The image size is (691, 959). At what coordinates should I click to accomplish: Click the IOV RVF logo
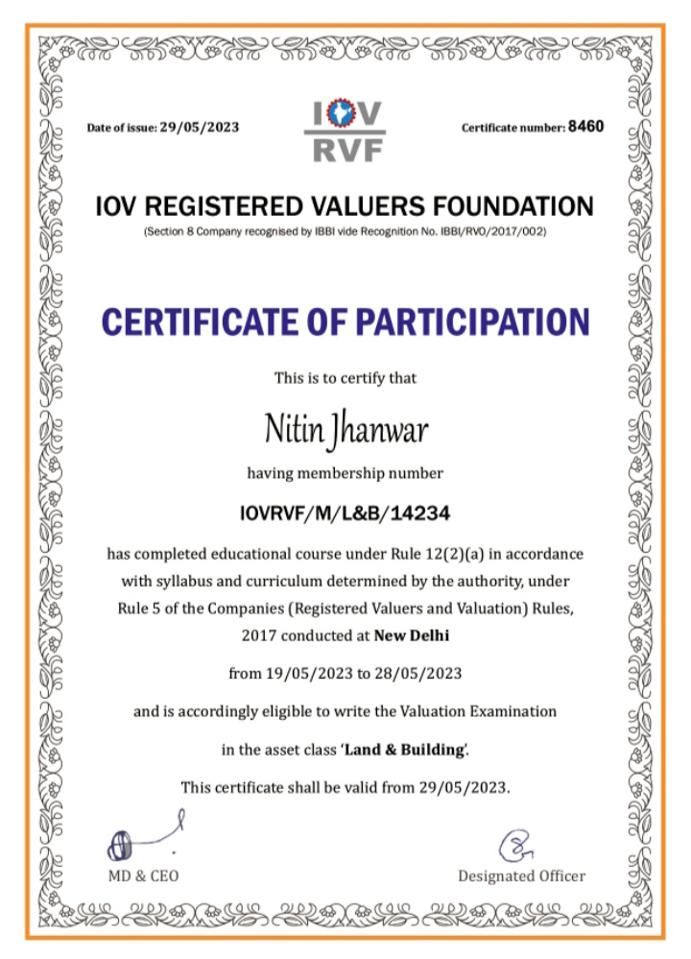345,132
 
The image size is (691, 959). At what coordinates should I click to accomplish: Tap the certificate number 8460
585,126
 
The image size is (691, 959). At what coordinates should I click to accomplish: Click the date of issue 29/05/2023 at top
200,127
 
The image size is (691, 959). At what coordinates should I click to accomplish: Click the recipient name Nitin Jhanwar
345,429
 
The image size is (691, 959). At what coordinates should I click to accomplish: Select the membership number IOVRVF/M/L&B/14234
345,514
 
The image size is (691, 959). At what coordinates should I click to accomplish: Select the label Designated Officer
521,875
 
